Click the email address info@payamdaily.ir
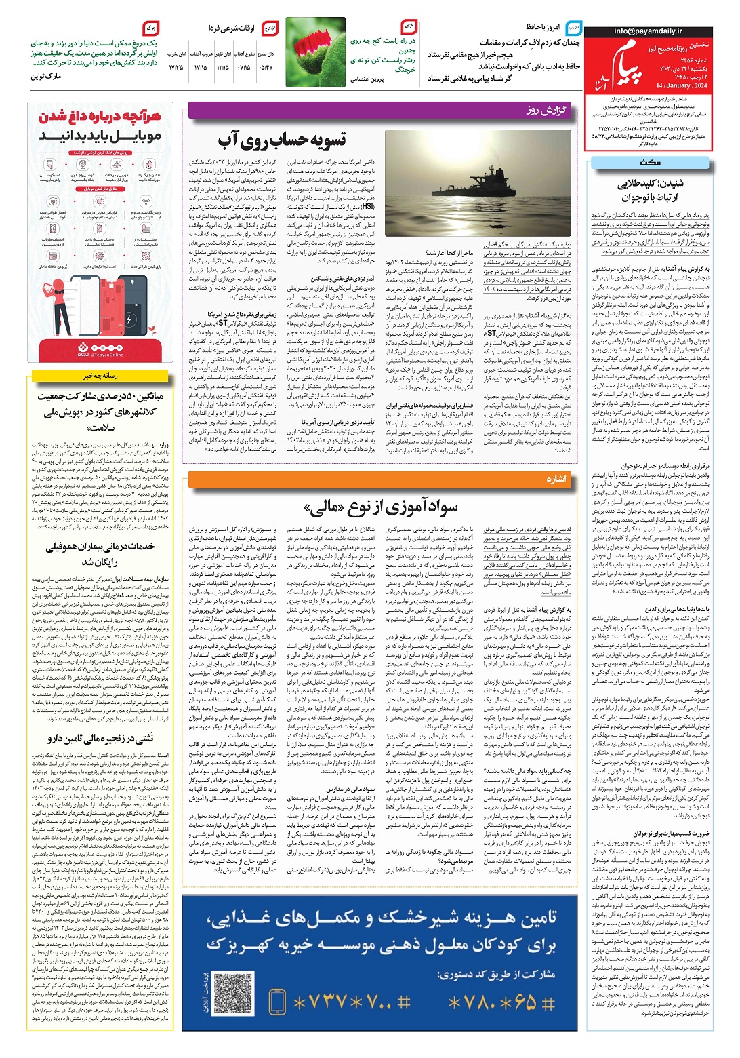(648, 31)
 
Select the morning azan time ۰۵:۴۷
(266, 68)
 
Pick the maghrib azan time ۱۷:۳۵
(176, 68)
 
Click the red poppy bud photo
(316, 52)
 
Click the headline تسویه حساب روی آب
(281, 140)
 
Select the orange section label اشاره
(556, 479)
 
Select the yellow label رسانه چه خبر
(101, 375)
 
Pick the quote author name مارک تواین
(46, 77)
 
